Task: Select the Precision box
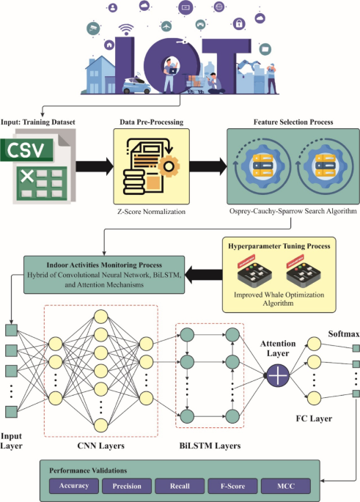[126, 485]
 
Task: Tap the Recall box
[179, 485]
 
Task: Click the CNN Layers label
[100, 444]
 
